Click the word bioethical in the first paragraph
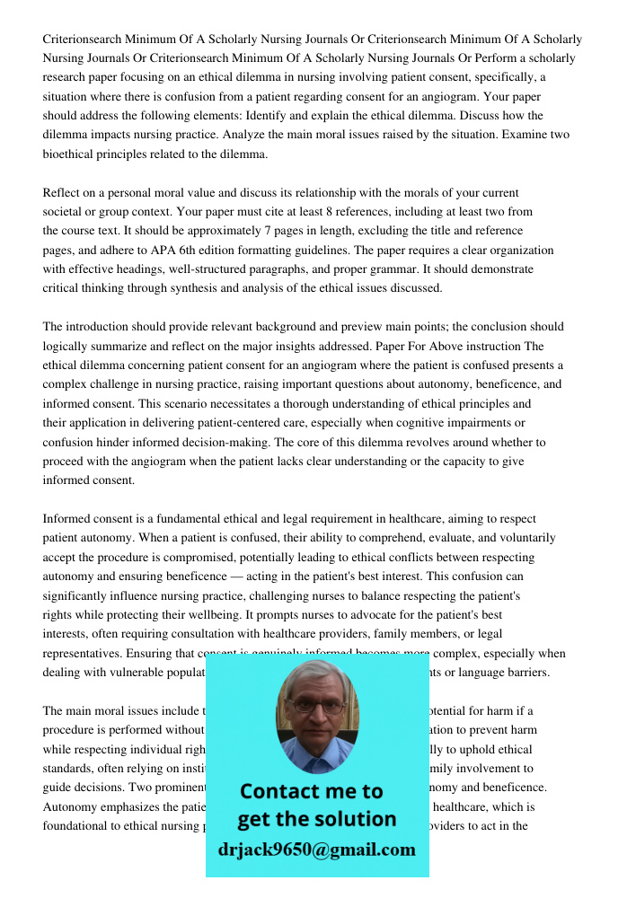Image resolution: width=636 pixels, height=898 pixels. (x=69, y=154)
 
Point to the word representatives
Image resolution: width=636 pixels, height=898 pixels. (x=83, y=654)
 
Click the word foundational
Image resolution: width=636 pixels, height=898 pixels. (x=76, y=826)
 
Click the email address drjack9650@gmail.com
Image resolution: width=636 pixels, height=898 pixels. (x=316, y=850)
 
